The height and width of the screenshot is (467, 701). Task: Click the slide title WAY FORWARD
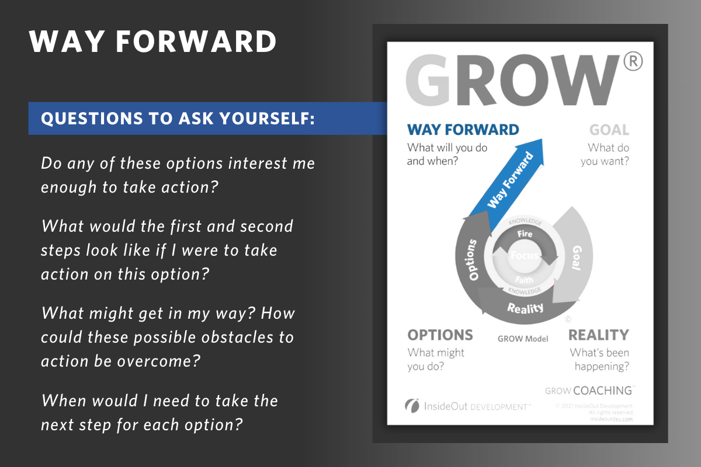click(153, 42)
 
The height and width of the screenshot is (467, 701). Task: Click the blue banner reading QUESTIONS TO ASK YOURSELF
click(178, 119)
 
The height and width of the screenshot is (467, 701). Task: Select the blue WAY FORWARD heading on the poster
click(463, 130)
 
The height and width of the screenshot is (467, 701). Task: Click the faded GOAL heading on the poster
click(609, 130)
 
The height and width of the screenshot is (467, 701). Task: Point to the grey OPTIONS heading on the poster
click(440, 335)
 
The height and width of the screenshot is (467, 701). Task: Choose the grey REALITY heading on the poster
click(598, 335)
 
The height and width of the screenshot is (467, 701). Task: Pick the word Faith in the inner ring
click(524, 280)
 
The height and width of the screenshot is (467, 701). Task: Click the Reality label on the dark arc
click(525, 308)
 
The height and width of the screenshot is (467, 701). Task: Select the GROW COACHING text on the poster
click(589, 391)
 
